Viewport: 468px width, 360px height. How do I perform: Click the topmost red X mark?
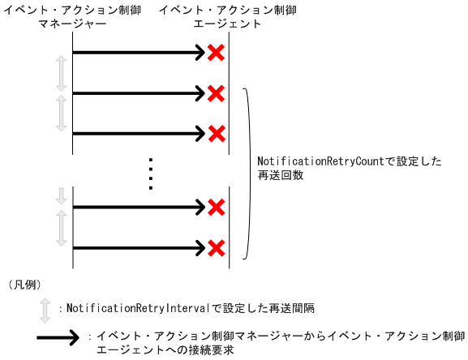tap(216, 54)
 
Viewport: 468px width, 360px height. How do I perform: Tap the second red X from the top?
tap(216, 93)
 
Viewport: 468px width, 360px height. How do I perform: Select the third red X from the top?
tap(216, 132)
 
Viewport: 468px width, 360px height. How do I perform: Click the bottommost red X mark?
tap(216, 246)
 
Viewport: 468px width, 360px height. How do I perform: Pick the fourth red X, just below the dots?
tap(216, 208)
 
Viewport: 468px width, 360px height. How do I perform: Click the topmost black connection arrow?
tap(138, 54)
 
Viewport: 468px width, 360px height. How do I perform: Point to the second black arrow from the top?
tap(138, 93)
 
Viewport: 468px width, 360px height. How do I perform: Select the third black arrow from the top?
tap(138, 132)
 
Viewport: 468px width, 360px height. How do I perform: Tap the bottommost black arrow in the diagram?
tap(138, 246)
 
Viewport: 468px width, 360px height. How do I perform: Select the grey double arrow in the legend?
tap(45, 309)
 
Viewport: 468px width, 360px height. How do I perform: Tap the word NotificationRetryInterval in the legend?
tap(138, 309)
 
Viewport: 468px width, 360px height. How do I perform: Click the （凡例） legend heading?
tap(24, 284)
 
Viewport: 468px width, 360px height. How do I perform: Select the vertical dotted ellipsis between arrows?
tap(151, 172)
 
